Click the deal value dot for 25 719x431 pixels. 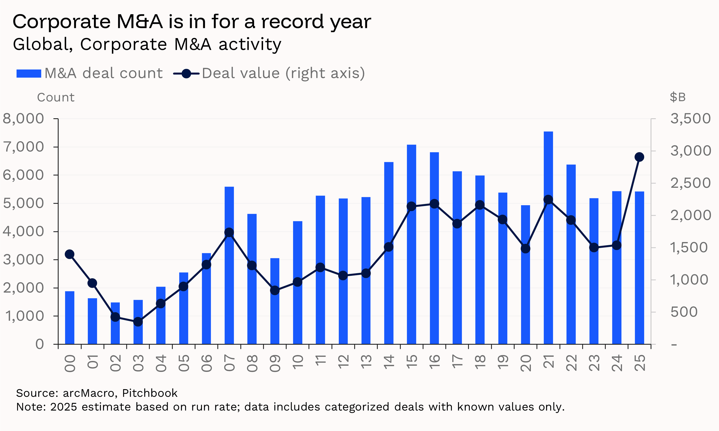click(639, 157)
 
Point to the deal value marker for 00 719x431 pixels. click(70, 254)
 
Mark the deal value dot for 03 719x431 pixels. click(138, 322)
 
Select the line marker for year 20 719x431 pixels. click(525, 249)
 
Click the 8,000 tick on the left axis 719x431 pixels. click(23, 119)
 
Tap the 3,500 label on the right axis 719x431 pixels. click(690, 119)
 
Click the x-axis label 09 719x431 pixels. click(275, 363)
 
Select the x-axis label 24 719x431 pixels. click(617, 363)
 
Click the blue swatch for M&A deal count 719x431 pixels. click(29, 73)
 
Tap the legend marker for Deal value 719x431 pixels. click(186, 73)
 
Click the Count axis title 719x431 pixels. click(56, 97)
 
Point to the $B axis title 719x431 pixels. click(677, 97)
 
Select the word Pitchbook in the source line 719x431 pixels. click(150, 393)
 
